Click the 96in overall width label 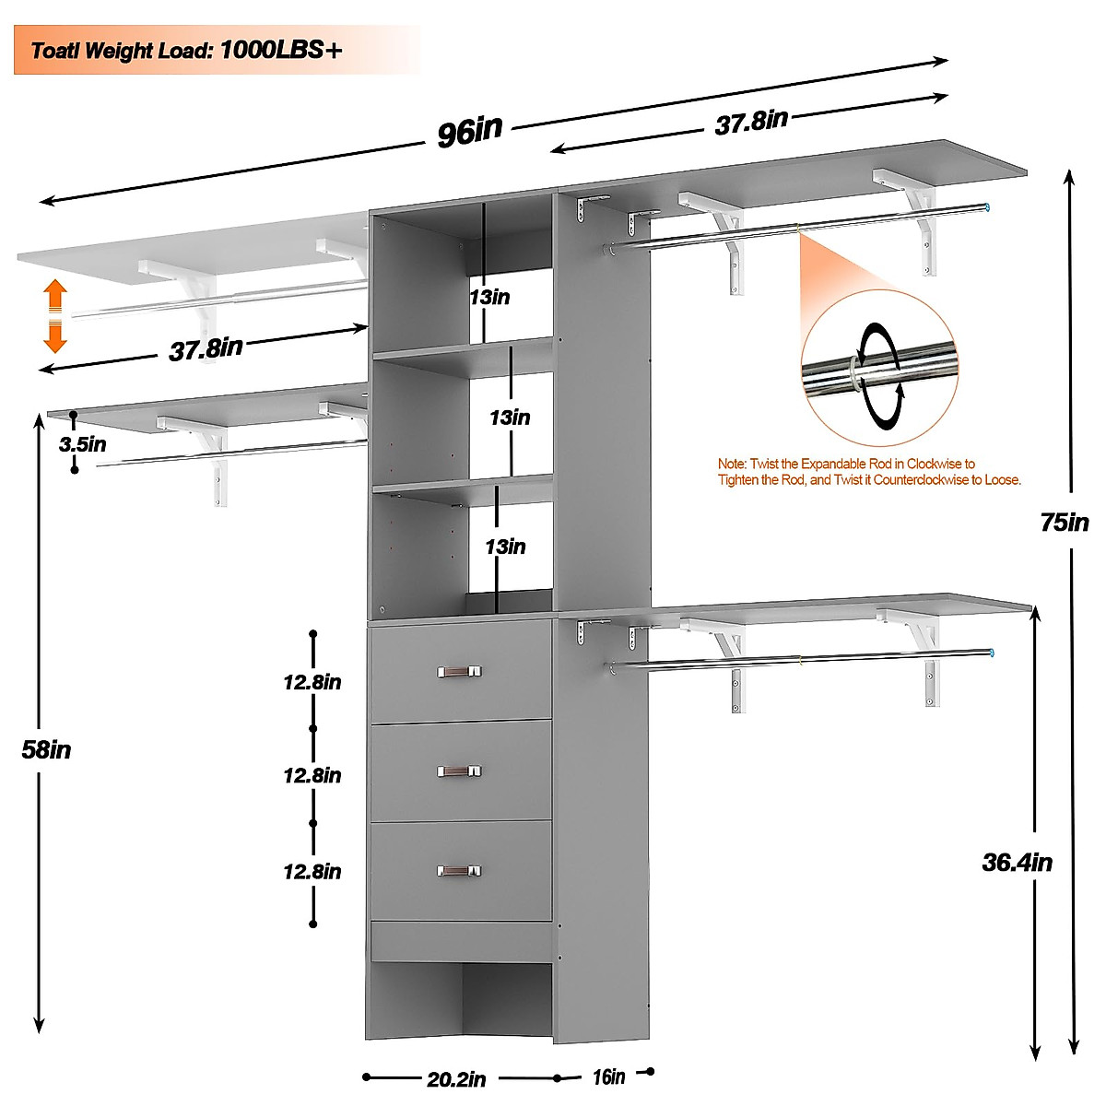(x=470, y=131)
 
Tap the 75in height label (x=1065, y=523)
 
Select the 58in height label (x=47, y=750)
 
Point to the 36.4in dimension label (x=1017, y=863)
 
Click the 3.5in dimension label (x=83, y=444)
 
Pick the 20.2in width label (x=456, y=1078)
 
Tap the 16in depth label (x=608, y=1077)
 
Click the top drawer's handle (x=459, y=671)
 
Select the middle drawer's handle (x=459, y=771)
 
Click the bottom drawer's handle (x=459, y=871)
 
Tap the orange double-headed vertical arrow (x=55, y=317)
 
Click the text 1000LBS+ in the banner (x=281, y=50)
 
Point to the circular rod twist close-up (x=878, y=368)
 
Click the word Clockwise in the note (x=939, y=464)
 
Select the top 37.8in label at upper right (x=751, y=122)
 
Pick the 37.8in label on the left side (x=206, y=349)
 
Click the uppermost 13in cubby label (x=489, y=297)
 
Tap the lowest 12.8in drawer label (x=312, y=872)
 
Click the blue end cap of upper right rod (x=986, y=207)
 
